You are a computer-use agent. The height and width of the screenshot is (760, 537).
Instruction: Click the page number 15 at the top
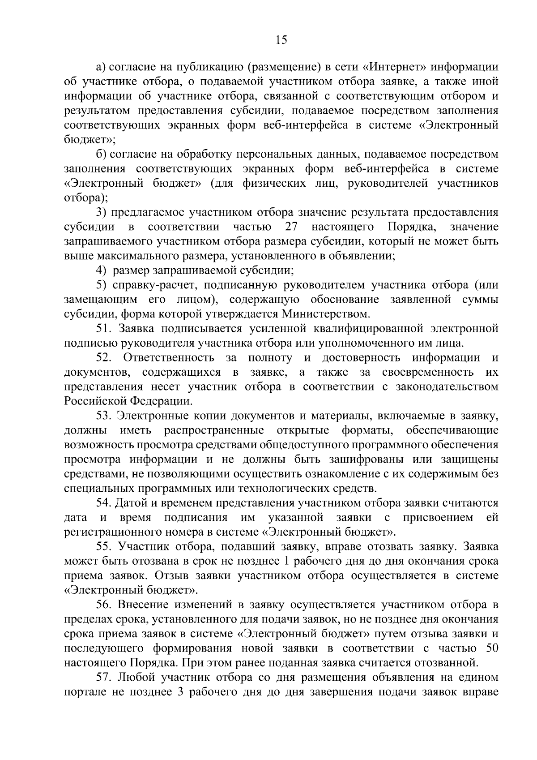281,40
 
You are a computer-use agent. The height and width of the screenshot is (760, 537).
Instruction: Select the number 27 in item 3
291,227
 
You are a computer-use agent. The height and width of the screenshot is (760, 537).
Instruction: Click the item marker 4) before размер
101,271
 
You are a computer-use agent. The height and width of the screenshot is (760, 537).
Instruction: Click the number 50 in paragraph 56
491,648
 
